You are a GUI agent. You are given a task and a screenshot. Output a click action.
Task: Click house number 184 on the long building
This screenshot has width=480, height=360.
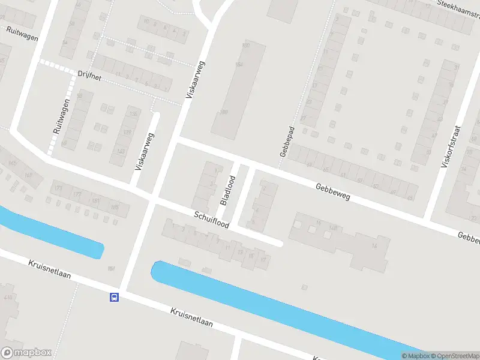tap(239, 65)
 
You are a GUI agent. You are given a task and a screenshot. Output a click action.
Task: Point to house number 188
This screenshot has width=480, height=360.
tap(224, 112)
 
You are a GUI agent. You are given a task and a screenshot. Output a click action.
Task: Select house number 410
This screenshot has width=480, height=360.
tap(8, 297)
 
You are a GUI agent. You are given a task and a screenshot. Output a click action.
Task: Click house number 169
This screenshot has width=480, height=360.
tap(28, 175)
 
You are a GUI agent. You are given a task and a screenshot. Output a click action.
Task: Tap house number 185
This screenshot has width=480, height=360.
tap(115, 207)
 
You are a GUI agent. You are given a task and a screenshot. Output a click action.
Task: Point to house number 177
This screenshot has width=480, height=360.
tap(77, 194)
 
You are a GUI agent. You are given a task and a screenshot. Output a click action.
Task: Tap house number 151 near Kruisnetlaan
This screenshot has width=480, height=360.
tap(111, 268)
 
